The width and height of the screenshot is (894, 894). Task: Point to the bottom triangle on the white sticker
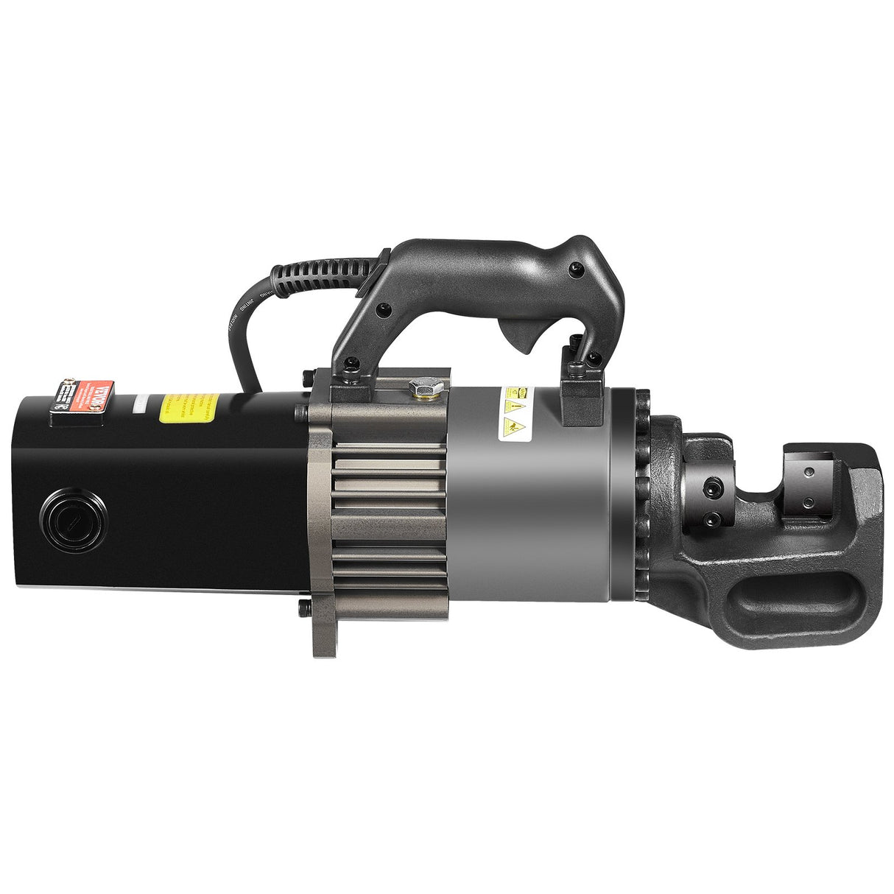click(x=510, y=426)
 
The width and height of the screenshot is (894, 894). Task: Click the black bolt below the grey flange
click(x=303, y=609)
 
